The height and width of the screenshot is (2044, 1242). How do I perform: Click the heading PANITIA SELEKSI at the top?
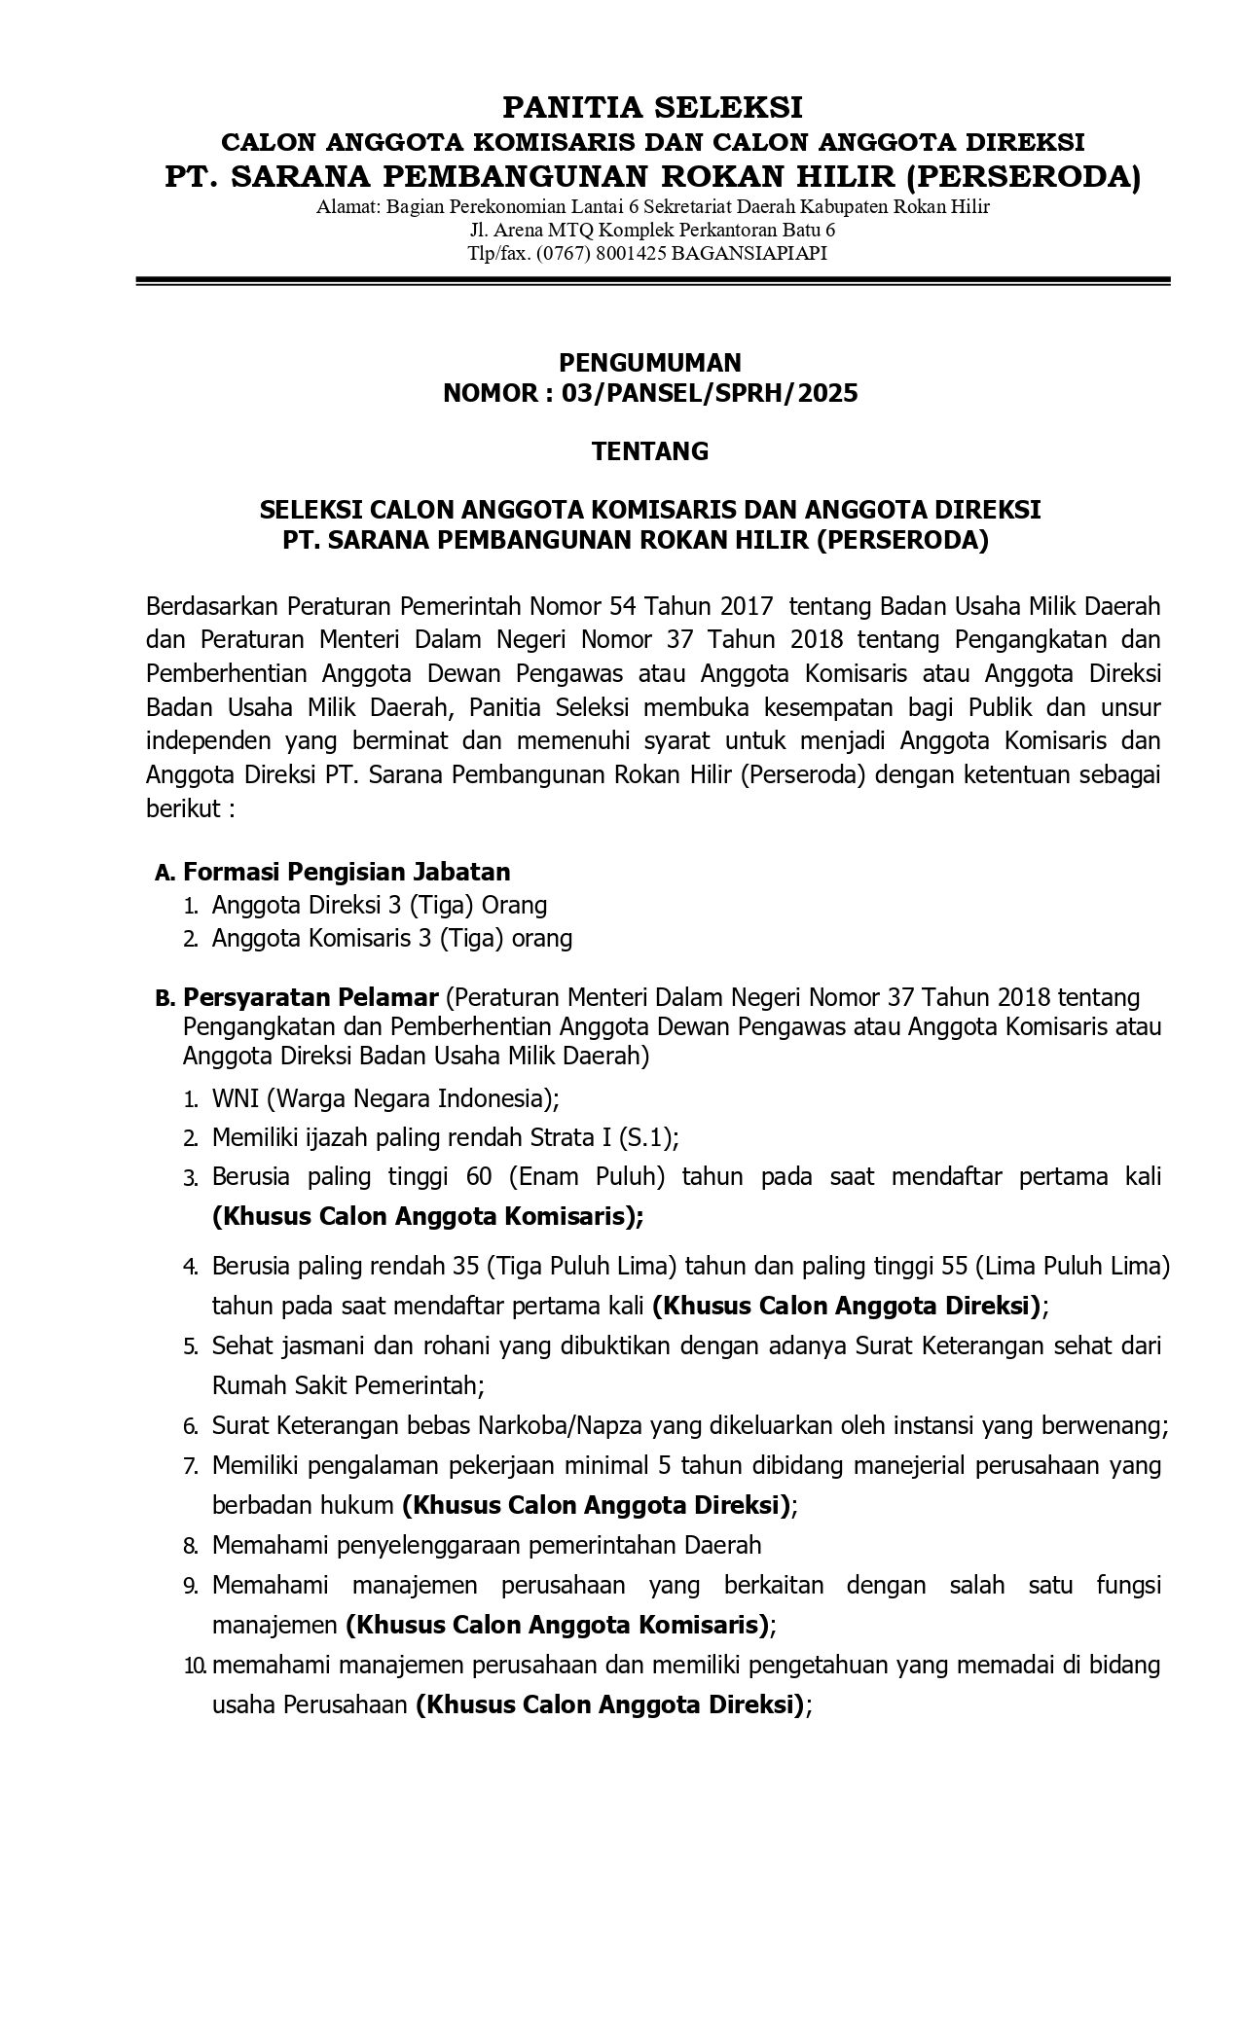(652, 106)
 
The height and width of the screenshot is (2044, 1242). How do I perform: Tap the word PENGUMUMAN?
(649, 363)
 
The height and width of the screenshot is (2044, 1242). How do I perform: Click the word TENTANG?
(650, 451)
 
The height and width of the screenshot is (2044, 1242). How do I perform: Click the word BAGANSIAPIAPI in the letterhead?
(749, 253)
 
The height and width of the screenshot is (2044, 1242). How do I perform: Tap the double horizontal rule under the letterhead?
(652, 281)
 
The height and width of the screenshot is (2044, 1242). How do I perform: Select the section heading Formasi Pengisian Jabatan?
(347, 872)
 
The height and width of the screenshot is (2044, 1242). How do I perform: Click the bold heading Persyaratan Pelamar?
(310, 997)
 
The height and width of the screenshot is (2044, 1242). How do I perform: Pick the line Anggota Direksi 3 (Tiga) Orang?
(380, 906)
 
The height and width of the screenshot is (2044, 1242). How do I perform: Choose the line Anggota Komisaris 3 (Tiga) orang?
(392, 939)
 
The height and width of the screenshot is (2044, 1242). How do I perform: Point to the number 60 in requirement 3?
(479, 1177)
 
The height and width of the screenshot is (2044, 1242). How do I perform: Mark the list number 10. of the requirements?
(195, 1666)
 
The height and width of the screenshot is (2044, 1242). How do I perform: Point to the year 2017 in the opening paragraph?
(747, 607)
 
